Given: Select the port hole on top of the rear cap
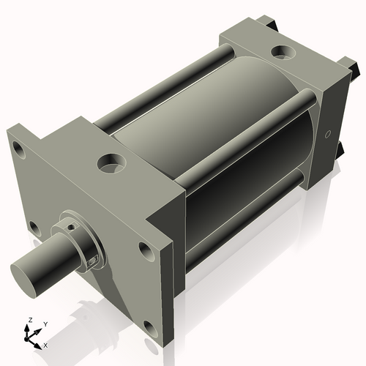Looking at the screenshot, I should coord(281,53).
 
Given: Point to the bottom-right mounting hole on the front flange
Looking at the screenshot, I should coord(149,326).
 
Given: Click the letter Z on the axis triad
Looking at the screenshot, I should coord(30,320).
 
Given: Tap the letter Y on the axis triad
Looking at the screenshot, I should coord(45,324).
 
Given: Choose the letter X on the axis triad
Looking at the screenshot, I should coord(46,344).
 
